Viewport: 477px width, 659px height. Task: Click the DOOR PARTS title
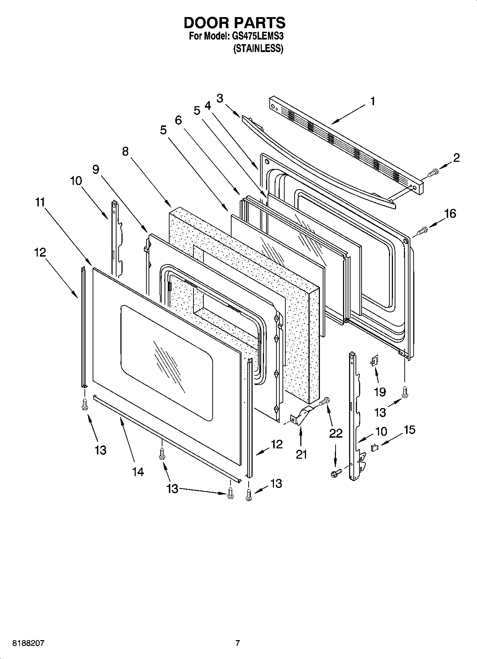pyautogui.click(x=234, y=22)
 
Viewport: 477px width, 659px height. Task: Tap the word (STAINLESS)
pyautogui.click(x=258, y=49)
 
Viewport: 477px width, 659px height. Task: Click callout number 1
pyautogui.click(x=372, y=102)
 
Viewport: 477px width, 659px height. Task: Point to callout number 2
pyautogui.click(x=456, y=158)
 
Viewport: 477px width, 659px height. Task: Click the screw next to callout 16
pyautogui.click(x=422, y=231)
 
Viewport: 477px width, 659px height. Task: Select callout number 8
pyautogui.click(x=125, y=151)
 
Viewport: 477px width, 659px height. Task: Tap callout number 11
pyautogui.click(x=40, y=202)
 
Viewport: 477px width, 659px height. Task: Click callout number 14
pyautogui.click(x=138, y=472)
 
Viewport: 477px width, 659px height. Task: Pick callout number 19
pyautogui.click(x=380, y=392)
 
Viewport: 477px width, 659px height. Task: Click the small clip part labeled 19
pyautogui.click(x=373, y=361)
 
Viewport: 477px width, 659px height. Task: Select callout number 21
pyautogui.click(x=301, y=454)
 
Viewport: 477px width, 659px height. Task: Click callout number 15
pyautogui.click(x=410, y=430)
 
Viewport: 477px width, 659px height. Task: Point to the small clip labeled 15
pyautogui.click(x=374, y=447)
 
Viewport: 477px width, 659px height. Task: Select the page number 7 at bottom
pyautogui.click(x=238, y=643)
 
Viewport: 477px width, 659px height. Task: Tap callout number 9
pyautogui.click(x=95, y=169)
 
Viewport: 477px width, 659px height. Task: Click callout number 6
pyautogui.click(x=178, y=120)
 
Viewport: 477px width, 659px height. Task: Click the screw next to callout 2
pyautogui.click(x=432, y=173)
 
